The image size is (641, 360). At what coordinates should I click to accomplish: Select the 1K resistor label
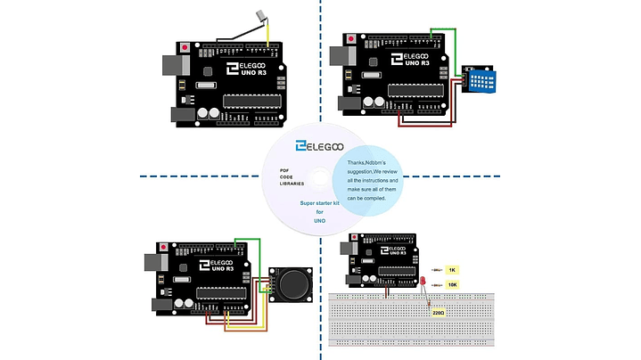[x=452, y=269]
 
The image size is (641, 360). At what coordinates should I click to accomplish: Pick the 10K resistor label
[x=452, y=284]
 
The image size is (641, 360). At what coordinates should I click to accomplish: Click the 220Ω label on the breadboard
[x=438, y=314]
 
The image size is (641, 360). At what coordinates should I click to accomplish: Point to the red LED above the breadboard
[x=423, y=282]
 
